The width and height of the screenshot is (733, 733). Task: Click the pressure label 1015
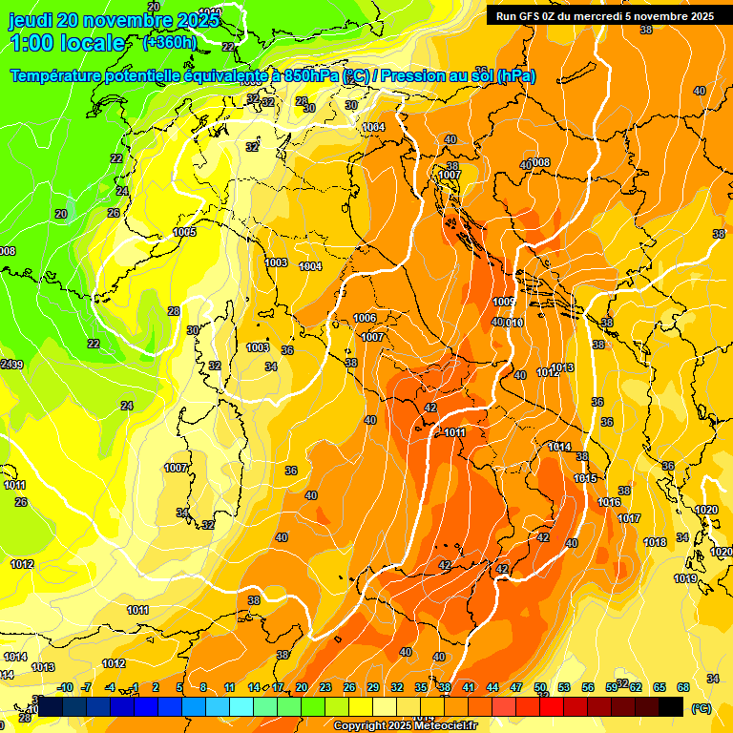point(585,478)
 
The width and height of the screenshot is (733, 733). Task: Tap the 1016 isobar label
point(609,502)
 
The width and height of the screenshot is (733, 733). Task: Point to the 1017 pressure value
point(629,518)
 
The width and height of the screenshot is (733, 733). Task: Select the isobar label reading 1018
point(655,542)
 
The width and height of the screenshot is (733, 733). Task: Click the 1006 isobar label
point(365,318)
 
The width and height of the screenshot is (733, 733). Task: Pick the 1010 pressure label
point(514,324)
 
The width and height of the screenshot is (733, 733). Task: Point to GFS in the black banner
point(532,16)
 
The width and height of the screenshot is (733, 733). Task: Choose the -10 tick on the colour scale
point(65,687)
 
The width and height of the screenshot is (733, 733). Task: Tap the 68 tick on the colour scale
point(683,687)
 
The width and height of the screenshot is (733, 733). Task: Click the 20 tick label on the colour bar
point(302,687)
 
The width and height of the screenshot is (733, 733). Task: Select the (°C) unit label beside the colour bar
point(701,708)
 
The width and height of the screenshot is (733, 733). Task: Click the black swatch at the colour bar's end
point(671,706)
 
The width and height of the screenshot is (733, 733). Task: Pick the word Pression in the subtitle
point(420,75)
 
